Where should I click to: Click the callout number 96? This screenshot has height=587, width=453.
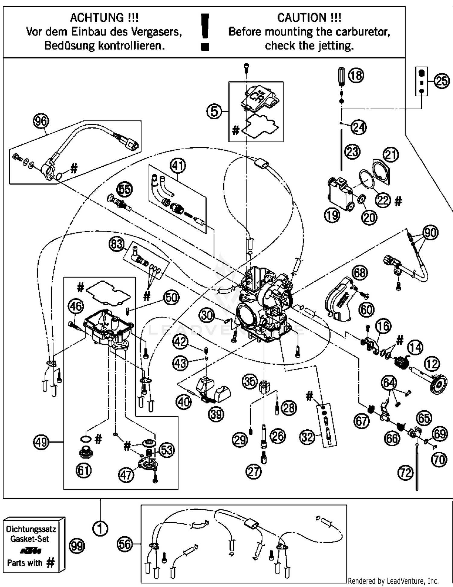click(41, 121)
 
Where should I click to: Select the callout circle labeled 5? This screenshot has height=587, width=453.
click(214, 111)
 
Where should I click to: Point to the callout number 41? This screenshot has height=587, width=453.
click(178, 165)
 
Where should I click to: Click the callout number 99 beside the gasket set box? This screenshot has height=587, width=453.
click(77, 546)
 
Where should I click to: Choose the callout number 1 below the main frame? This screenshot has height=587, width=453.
click(100, 528)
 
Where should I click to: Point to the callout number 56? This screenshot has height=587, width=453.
click(125, 544)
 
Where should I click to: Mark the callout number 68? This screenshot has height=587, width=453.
click(359, 273)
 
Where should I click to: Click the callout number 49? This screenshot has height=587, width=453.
click(41, 442)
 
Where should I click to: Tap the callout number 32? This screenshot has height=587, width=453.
click(307, 437)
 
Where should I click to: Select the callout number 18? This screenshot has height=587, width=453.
click(356, 75)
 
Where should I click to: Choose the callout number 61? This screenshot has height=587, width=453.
click(84, 470)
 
